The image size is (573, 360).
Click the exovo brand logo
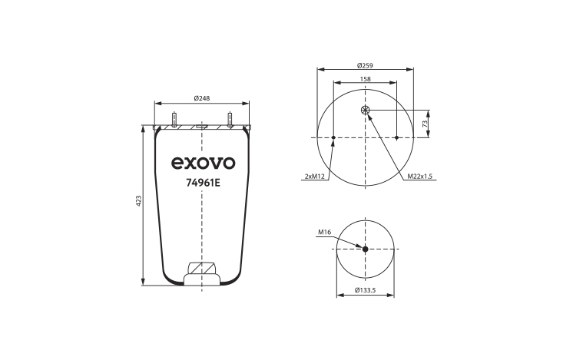coord(203,163)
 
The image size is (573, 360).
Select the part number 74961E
coord(204,183)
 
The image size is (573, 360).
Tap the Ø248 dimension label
coord(202,98)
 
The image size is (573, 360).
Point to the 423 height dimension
coord(138,201)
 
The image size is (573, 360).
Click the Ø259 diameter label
coord(365,66)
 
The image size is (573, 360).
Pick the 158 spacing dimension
coord(365,79)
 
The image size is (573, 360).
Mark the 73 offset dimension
coord(425,124)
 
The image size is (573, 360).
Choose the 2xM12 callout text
coord(315,177)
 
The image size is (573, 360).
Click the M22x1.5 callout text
coord(420,177)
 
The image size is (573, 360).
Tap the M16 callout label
coord(324,232)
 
